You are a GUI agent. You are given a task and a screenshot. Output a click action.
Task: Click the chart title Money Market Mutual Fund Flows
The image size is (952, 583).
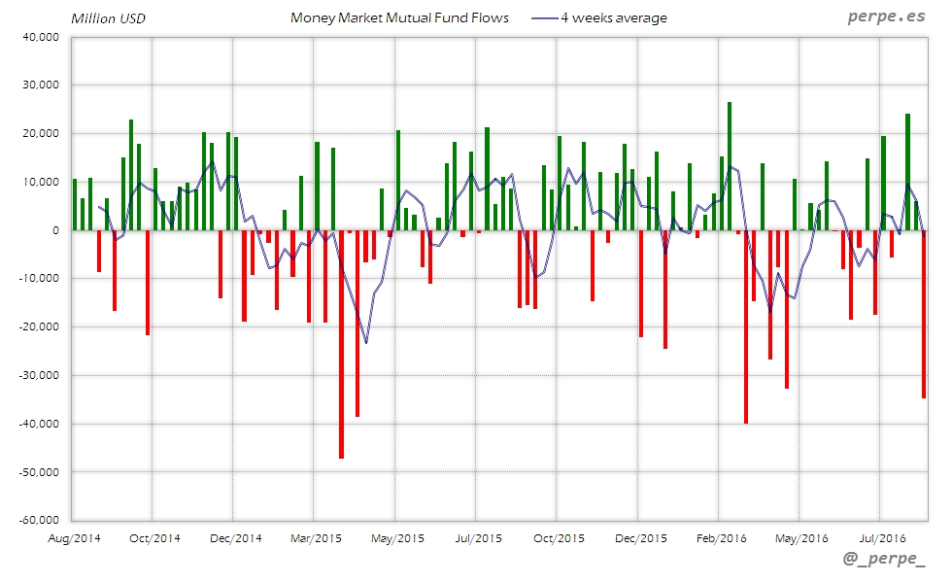pyautogui.click(x=399, y=17)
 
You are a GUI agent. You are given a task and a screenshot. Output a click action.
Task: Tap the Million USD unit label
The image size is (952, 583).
pyautogui.click(x=108, y=18)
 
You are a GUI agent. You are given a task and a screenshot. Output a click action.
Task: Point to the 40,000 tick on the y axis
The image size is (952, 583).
pyautogui.click(x=40, y=37)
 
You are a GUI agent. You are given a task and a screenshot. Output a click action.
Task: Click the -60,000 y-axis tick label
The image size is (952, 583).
pyautogui.click(x=38, y=520)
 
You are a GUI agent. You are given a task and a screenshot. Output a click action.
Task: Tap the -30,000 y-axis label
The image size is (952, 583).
pyautogui.click(x=38, y=375)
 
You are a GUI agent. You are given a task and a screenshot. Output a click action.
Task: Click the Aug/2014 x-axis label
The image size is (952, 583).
pyautogui.click(x=74, y=537)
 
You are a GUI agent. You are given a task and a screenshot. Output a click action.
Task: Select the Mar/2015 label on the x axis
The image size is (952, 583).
pyautogui.click(x=315, y=537)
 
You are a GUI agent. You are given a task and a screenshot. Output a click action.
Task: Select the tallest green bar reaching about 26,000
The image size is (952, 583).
pyautogui.click(x=730, y=165)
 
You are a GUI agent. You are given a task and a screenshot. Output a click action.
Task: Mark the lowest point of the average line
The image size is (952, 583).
pyautogui.click(x=366, y=343)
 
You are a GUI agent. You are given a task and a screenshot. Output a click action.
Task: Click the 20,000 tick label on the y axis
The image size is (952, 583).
pyautogui.click(x=40, y=133)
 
